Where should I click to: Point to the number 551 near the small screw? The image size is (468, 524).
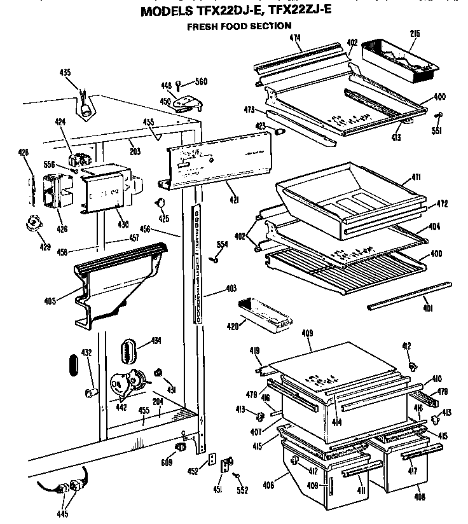click(436, 131)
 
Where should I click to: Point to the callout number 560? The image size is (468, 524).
click(201, 81)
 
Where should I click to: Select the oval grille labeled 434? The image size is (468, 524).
click(130, 349)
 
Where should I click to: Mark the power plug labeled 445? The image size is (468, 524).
click(69, 488)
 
